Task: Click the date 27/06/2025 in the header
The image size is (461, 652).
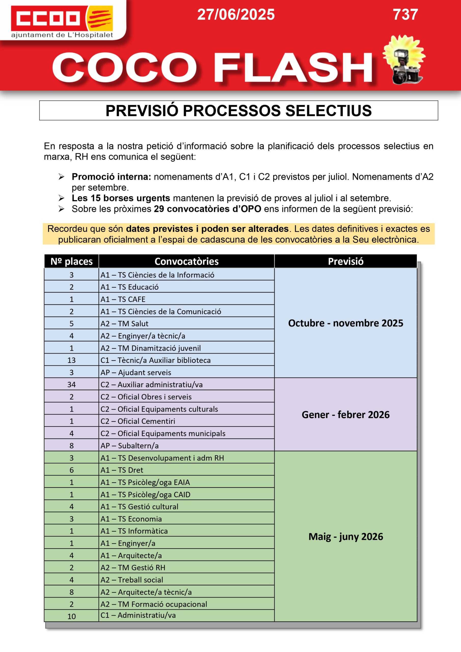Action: pyautogui.click(x=236, y=15)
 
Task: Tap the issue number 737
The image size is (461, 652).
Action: pyautogui.click(x=405, y=15)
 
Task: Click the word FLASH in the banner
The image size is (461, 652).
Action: pyautogui.click(x=293, y=68)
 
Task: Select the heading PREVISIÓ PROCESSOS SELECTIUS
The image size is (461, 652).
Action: pyautogui.click(x=238, y=111)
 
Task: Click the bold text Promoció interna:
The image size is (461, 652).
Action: pyautogui.click(x=111, y=177)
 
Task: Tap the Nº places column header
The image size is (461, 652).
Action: pyautogui.click(x=72, y=261)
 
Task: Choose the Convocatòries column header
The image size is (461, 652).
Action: pyautogui.click(x=186, y=261)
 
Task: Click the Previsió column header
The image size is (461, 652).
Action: pyautogui.click(x=345, y=261)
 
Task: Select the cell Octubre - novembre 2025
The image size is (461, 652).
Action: pyautogui.click(x=345, y=323)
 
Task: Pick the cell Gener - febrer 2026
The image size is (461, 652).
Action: pyautogui.click(x=345, y=415)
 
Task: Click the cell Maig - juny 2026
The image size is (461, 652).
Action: pyautogui.click(x=345, y=536)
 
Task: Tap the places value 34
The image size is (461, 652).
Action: pyautogui.click(x=72, y=385)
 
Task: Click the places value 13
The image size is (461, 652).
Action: pyautogui.click(x=72, y=360)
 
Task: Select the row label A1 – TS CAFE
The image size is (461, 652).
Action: pyautogui.click(x=123, y=299)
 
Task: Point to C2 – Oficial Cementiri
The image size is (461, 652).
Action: pyautogui.click(x=138, y=421)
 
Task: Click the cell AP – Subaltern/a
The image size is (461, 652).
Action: pyautogui.click(x=130, y=445)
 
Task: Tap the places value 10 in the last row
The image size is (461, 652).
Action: pyautogui.click(x=72, y=616)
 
